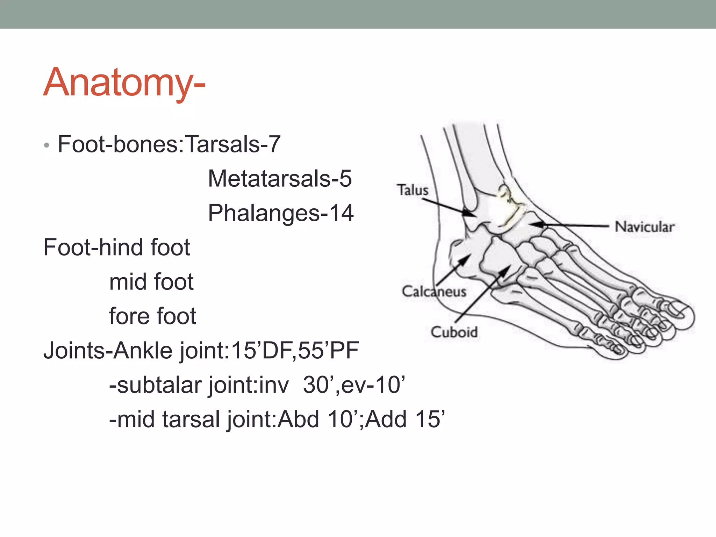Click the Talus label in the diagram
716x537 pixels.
(x=413, y=190)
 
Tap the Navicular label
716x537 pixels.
(x=644, y=227)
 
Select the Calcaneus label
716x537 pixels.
(x=434, y=291)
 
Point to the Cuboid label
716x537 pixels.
(x=454, y=332)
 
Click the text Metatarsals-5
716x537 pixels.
(x=280, y=179)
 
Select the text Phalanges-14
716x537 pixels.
(x=281, y=213)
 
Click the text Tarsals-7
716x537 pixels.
(x=232, y=144)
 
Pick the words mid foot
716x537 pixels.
(x=151, y=282)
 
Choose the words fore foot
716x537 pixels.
(x=152, y=316)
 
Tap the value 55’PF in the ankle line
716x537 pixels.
(x=328, y=350)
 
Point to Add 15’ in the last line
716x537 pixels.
(x=406, y=419)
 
